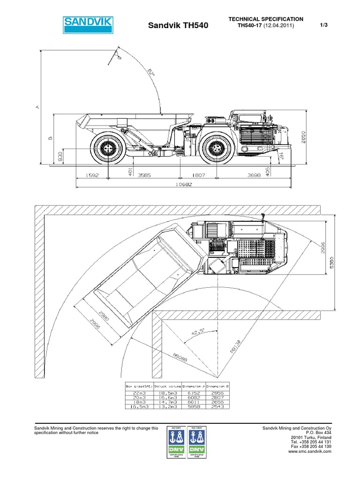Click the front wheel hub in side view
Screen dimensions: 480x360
[x=217, y=148]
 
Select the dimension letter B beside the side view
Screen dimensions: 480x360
[x=49, y=138]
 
